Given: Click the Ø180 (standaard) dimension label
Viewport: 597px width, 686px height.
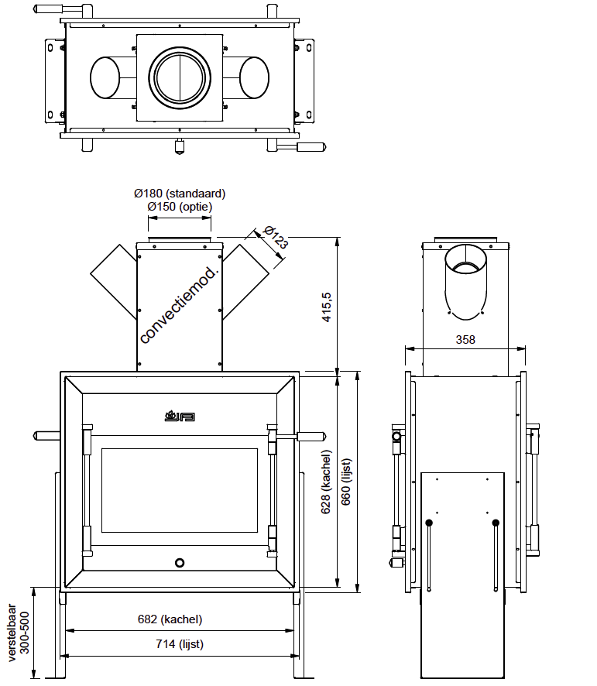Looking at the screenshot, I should tap(180, 194).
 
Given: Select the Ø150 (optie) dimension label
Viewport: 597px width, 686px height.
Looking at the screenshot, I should tap(180, 207).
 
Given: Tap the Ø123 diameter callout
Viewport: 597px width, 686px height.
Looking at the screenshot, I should tap(276, 237).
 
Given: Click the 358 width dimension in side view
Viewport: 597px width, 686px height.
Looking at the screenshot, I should tap(465, 339).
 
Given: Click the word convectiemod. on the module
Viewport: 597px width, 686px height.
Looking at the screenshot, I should tap(180, 305).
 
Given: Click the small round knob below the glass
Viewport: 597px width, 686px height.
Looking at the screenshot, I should tap(179, 562).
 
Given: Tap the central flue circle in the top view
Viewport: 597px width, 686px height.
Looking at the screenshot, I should tap(179, 77).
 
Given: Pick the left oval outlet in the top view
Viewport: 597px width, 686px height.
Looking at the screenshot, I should tap(106, 78).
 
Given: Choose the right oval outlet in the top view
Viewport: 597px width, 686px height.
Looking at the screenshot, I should tap(253, 78).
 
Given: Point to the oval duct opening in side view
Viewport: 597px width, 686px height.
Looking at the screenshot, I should tap(466, 280).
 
